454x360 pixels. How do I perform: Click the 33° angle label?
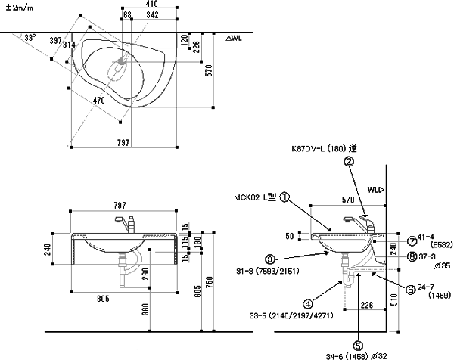click(30, 37)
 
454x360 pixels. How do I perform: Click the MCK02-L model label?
click(255, 197)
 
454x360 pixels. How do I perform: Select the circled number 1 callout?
click(285, 197)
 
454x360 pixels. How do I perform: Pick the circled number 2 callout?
click(348, 161)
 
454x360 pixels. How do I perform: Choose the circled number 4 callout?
click(309, 305)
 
